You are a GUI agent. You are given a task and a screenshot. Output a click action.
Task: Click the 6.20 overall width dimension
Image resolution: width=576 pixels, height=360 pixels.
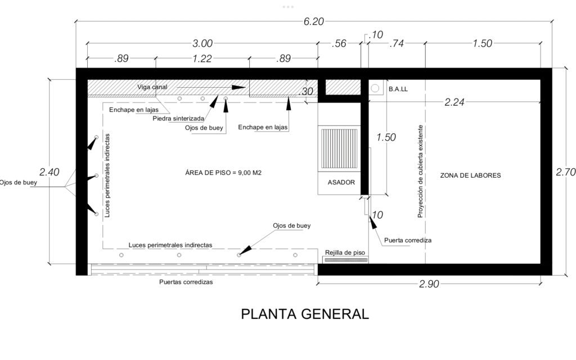pyautogui.click(x=314, y=22)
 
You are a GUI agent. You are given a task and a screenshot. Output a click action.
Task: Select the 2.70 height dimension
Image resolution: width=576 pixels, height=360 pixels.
pyautogui.click(x=566, y=172)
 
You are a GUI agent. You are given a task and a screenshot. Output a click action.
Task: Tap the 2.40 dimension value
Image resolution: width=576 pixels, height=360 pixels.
pyautogui.click(x=49, y=172)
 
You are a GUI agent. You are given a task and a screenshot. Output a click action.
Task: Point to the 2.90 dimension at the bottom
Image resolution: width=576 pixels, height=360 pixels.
pyautogui.click(x=429, y=284)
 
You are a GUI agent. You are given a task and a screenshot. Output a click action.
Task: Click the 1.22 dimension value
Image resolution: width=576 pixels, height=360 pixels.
pyautogui.click(x=202, y=58)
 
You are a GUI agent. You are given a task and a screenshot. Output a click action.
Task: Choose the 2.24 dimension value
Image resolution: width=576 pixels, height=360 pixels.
pyautogui.click(x=454, y=102)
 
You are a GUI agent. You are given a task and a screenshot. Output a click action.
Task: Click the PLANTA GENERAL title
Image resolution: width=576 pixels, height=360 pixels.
pyautogui.click(x=305, y=314)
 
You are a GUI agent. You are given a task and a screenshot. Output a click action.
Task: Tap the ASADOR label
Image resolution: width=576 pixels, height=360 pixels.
pyautogui.click(x=341, y=182)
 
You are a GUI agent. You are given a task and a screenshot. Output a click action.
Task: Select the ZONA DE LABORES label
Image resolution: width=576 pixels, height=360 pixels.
pyautogui.click(x=471, y=175)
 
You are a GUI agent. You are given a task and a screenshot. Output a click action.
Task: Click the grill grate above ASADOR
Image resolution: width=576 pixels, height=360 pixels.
pyautogui.click(x=339, y=148)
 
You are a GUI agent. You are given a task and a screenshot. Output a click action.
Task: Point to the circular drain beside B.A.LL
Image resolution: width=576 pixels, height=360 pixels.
pyautogui.click(x=375, y=88)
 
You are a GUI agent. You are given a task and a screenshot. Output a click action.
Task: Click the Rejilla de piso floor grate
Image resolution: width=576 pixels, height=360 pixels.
pyautogui.click(x=345, y=260)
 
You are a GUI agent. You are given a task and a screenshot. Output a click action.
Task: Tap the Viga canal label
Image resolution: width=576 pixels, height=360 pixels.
pyautogui.click(x=152, y=87)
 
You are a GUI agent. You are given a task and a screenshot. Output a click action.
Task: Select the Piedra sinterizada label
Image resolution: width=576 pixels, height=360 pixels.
pyautogui.click(x=178, y=119)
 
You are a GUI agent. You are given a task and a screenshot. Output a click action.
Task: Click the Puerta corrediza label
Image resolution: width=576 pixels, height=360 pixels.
pyautogui.click(x=408, y=240)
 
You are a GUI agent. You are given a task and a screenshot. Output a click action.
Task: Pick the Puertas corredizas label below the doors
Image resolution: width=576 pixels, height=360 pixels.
pyautogui.click(x=186, y=282)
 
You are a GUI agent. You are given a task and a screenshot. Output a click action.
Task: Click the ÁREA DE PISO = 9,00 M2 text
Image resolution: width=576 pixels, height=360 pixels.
pyautogui.click(x=223, y=173)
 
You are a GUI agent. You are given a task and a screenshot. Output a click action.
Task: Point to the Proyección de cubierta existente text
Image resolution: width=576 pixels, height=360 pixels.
pyautogui.click(x=420, y=172)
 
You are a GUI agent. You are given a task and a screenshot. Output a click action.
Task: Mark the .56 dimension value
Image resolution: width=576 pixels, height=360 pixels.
pyautogui.click(x=339, y=43)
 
